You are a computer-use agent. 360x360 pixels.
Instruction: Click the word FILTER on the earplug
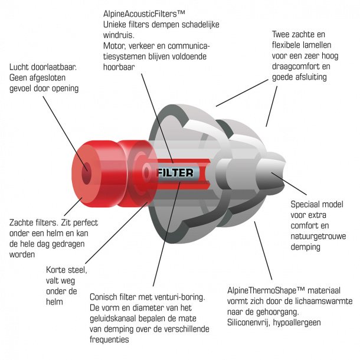175,172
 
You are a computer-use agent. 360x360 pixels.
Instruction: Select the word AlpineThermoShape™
265,291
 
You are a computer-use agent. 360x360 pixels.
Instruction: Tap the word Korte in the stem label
58,270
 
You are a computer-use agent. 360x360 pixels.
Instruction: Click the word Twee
282,34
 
